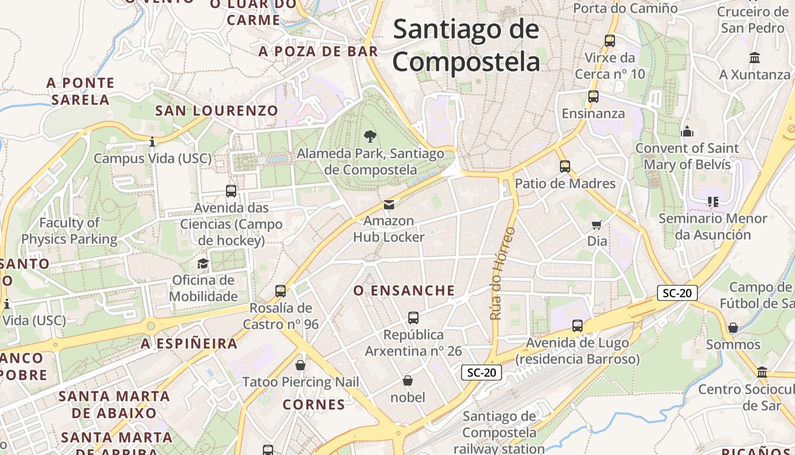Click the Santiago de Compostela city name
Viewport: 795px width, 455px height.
[466, 44]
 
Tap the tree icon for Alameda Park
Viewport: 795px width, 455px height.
[370, 136]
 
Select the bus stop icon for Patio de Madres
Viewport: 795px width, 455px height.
[564, 166]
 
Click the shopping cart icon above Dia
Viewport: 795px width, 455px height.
[596, 224]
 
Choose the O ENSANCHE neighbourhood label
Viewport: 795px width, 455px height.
[404, 291]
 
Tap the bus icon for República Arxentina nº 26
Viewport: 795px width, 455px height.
[413, 317]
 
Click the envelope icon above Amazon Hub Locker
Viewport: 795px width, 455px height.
[388, 204]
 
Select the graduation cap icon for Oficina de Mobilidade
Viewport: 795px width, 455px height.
[203, 263]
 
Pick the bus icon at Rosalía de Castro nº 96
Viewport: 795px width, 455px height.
[281, 291]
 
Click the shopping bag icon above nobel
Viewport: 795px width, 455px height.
[407, 380]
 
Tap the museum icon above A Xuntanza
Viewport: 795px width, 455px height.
[755, 57]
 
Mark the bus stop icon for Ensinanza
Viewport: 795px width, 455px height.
[593, 96]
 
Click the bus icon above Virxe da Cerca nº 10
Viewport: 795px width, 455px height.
[610, 40]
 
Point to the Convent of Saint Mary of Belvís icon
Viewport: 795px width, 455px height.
[687, 131]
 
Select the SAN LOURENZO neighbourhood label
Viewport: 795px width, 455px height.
[216, 110]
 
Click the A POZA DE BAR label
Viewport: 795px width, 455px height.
[318, 52]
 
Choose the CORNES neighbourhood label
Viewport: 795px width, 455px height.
[313, 404]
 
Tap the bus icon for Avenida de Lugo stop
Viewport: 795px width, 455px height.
[578, 326]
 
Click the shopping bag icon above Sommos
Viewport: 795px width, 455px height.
[733, 328]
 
